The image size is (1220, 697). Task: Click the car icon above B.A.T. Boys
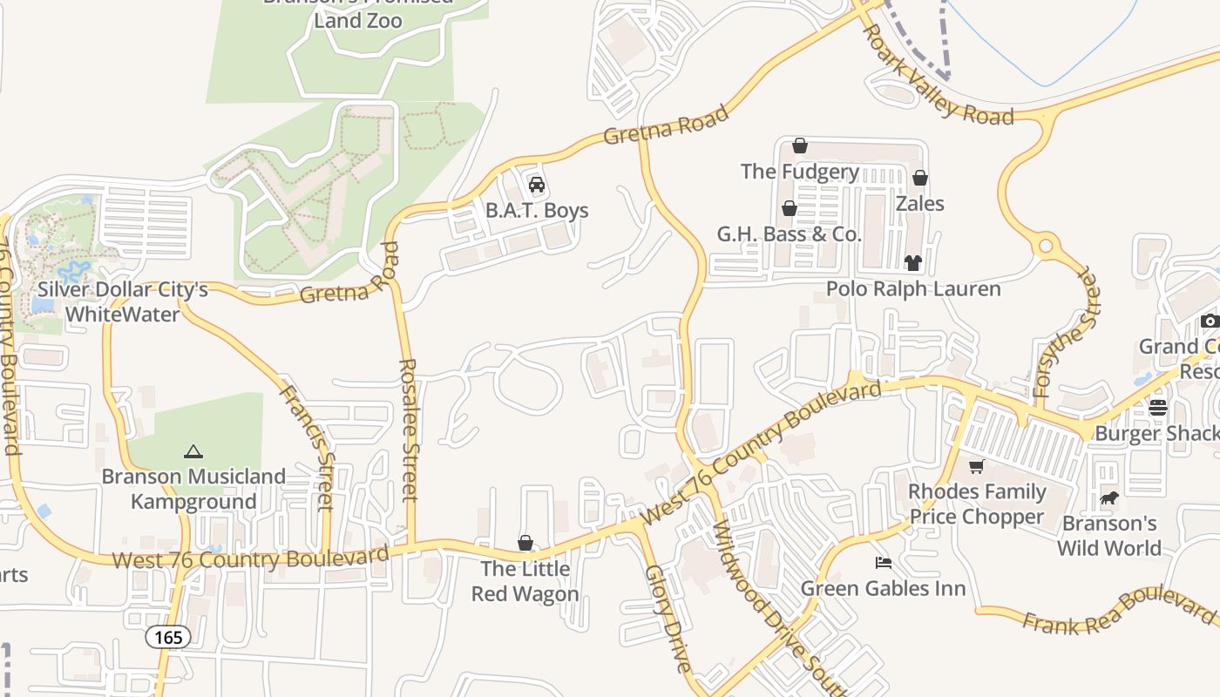click(x=537, y=185)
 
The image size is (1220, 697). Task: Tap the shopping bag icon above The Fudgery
click(x=800, y=145)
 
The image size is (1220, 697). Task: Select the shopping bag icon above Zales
click(x=919, y=178)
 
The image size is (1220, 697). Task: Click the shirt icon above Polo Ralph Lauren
click(x=912, y=262)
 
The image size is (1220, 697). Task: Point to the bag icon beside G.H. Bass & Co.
click(x=789, y=208)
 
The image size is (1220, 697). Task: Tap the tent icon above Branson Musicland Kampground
click(x=193, y=451)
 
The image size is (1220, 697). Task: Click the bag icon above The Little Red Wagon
click(x=525, y=543)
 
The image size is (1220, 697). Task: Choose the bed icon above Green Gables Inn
click(x=883, y=563)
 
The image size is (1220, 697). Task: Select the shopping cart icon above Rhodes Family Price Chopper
click(x=976, y=466)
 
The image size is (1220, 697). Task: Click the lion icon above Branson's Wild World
click(x=1108, y=498)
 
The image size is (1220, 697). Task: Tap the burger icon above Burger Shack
click(x=1157, y=407)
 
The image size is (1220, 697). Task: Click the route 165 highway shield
click(x=167, y=637)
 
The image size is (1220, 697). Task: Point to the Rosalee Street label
click(x=409, y=430)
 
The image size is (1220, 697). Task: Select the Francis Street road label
click(x=307, y=446)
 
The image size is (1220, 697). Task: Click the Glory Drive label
click(x=668, y=619)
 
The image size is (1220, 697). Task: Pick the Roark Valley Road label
click(x=938, y=75)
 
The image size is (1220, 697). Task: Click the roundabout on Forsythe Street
click(x=1046, y=247)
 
